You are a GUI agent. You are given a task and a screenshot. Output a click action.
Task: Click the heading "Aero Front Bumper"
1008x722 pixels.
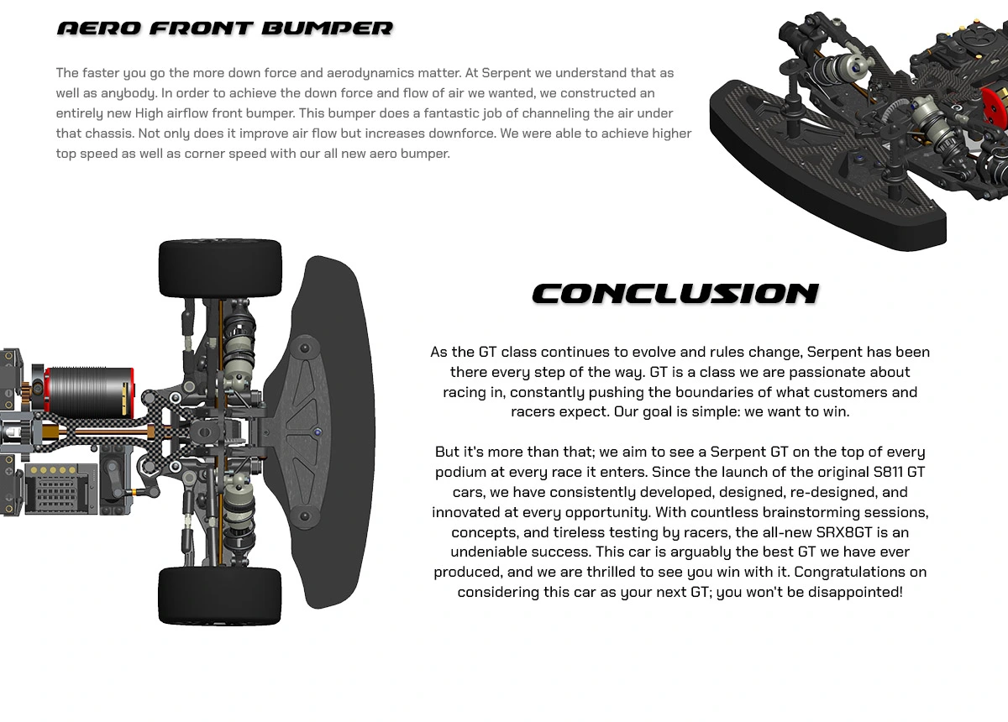(x=224, y=29)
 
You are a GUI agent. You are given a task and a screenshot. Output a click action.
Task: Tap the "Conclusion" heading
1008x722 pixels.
(x=675, y=294)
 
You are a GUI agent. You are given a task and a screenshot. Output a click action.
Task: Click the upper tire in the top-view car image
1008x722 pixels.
(x=220, y=268)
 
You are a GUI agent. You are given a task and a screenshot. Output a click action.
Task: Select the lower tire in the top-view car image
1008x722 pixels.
(x=220, y=594)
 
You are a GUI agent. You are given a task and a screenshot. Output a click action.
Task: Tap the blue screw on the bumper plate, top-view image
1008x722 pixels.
(x=317, y=432)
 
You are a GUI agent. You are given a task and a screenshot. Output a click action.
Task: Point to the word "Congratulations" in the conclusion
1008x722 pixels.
(x=848, y=573)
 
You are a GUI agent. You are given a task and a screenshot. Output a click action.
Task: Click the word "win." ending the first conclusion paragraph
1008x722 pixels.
(x=837, y=412)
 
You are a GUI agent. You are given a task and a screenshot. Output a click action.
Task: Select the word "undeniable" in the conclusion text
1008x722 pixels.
(x=487, y=552)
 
